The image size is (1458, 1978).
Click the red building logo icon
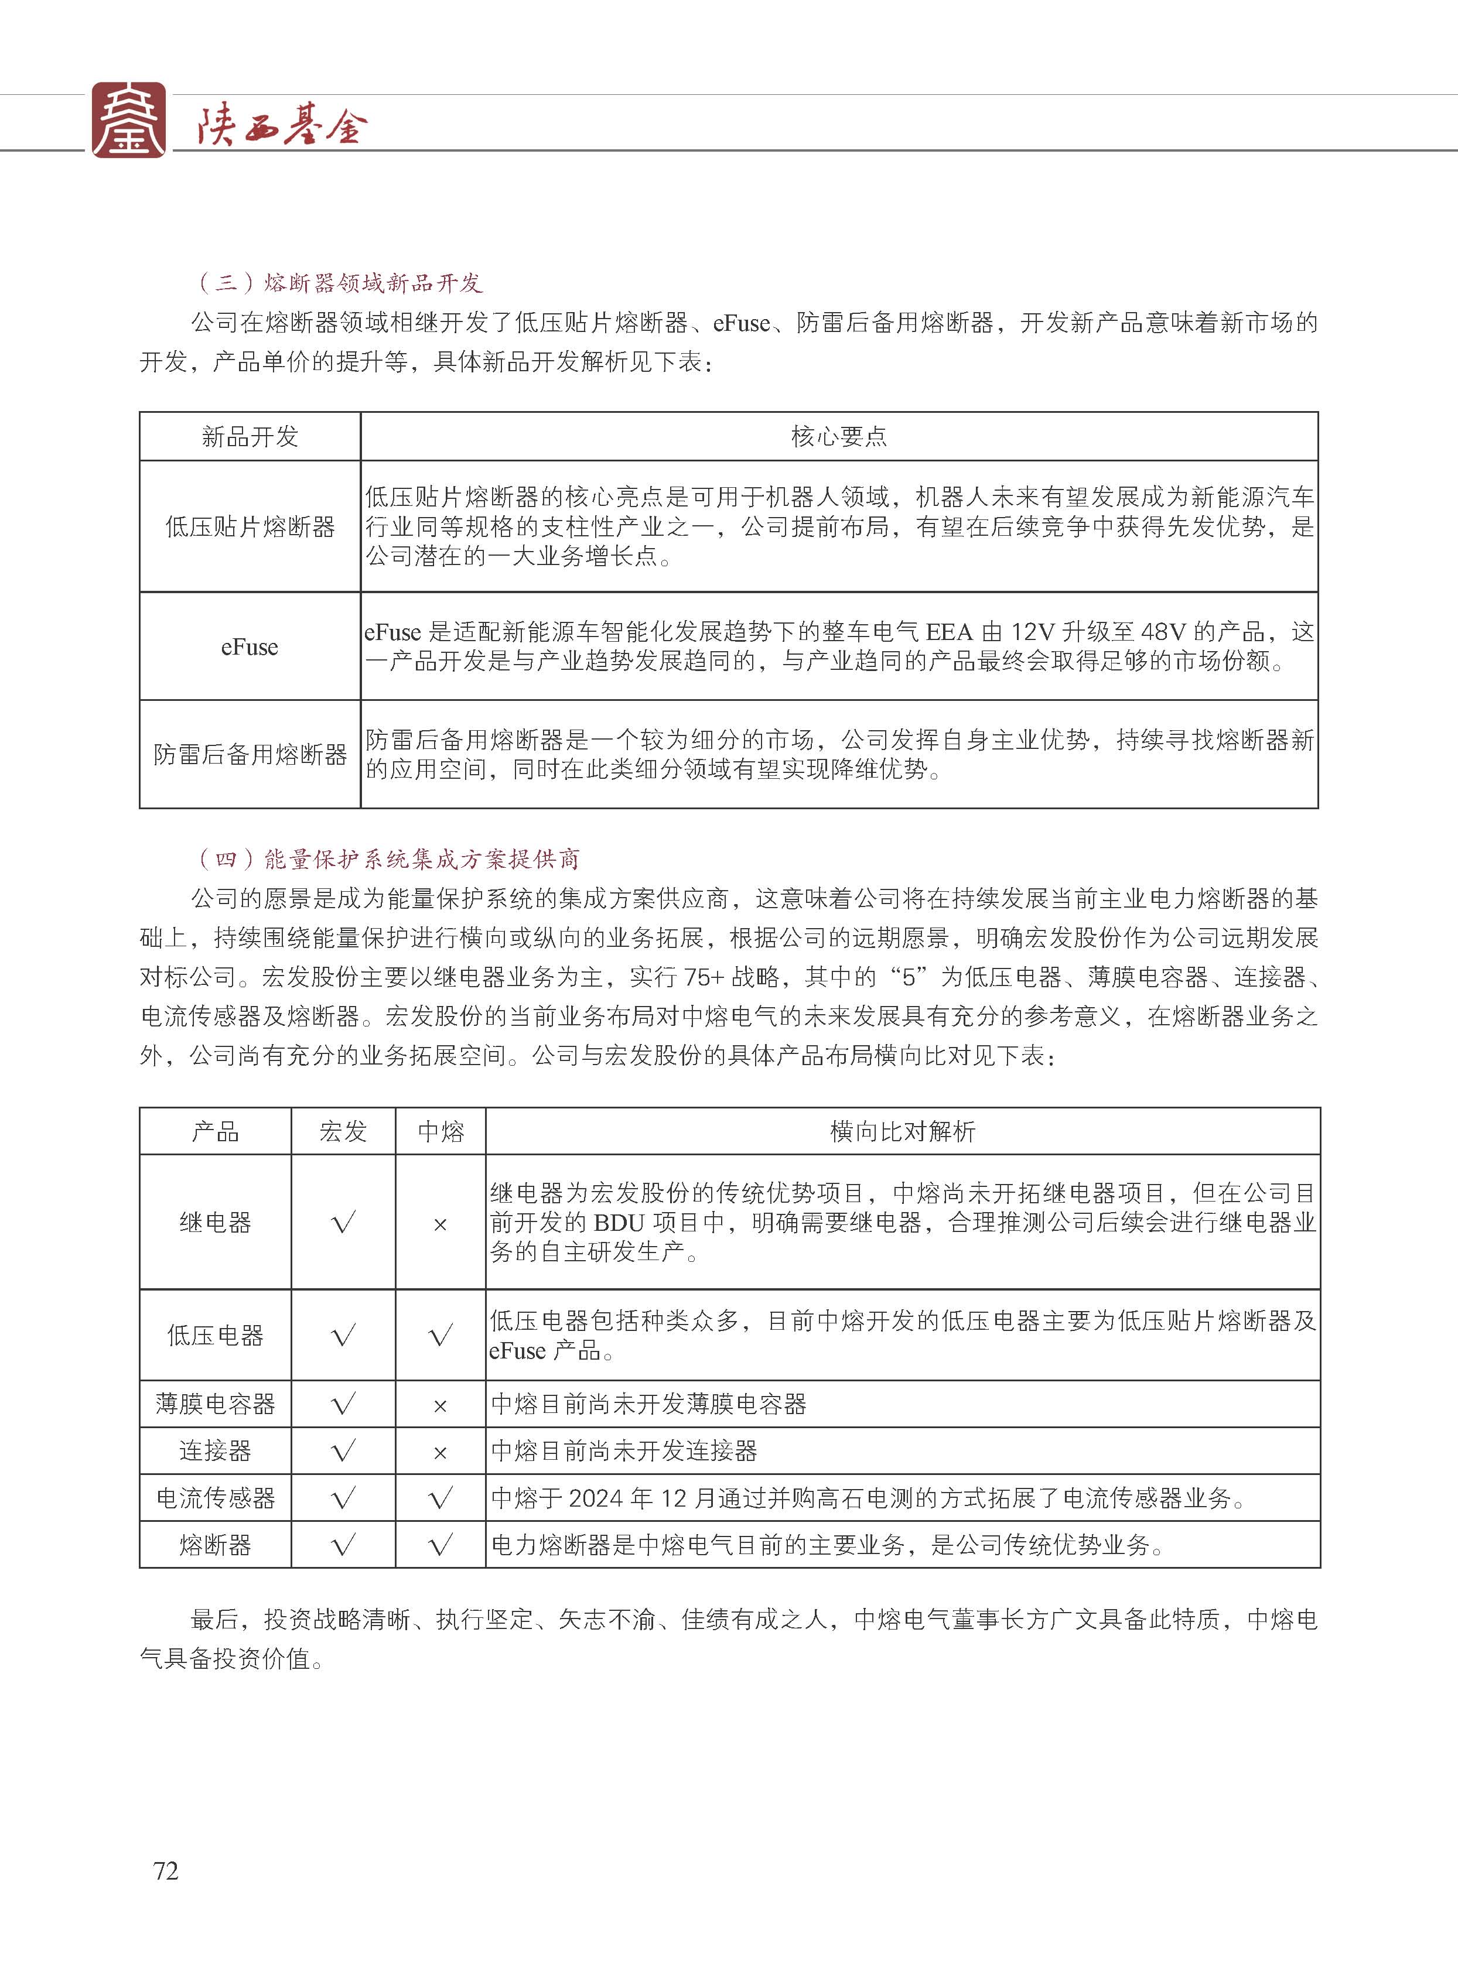click(x=129, y=120)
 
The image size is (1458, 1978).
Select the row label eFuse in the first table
click(x=250, y=646)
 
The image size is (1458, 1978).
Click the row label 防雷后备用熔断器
click(x=250, y=754)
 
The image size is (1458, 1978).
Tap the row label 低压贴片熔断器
click(x=250, y=526)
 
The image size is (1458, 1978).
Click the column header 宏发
click(x=343, y=1132)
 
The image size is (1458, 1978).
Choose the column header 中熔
click(x=441, y=1132)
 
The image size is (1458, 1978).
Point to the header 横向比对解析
click(x=902, y=1132)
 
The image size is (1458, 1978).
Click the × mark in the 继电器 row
click(x=441, y=1224)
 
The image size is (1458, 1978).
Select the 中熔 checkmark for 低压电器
click(x=441, y=1336)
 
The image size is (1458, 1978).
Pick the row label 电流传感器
click(x=216, y=1498)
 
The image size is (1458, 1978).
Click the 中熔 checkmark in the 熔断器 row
click(x=441, y=1545)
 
